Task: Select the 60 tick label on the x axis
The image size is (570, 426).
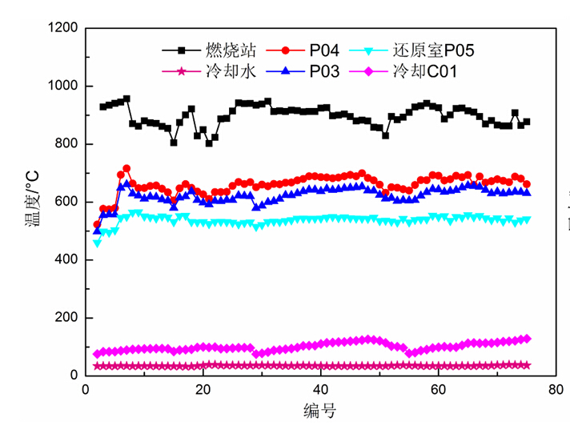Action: [x=438, y=390]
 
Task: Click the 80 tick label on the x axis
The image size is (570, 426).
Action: [x=555, y=390]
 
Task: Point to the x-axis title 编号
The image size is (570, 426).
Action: [x=319, y=412]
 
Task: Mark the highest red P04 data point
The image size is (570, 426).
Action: [x=126, y=169]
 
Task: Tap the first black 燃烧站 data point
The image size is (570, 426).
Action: [x=103, y=106]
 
